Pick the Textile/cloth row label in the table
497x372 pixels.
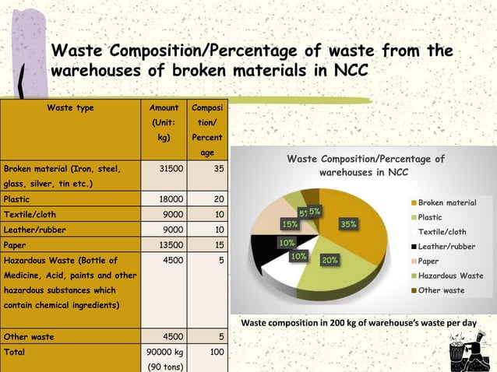tap(30, 214)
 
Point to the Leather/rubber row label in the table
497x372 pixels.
tap(34, 230)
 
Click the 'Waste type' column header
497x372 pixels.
tap(70, 108)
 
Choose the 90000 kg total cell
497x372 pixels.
tap(164, 352)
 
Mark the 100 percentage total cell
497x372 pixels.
tap(217, 352)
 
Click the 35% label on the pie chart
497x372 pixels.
tap(348, 224)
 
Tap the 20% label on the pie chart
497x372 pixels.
tap(329, 260)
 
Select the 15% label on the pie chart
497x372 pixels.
tap(290, 224)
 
